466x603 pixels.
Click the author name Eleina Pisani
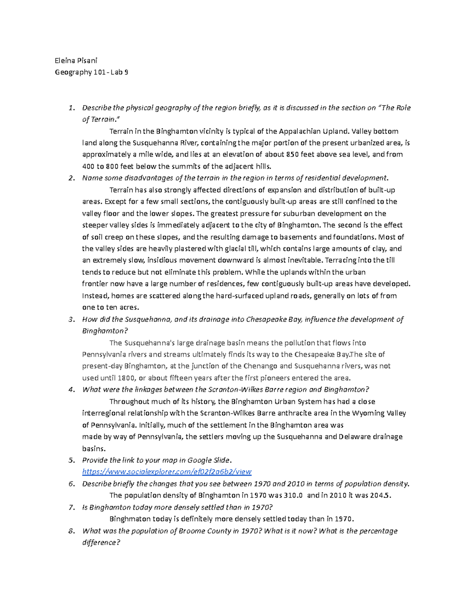pos(76,60)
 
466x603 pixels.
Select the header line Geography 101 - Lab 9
pos(91,72)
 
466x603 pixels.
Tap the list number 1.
pos(70,108)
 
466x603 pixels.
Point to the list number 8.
pos(71,531)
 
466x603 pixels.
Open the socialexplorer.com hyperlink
pos(167,472)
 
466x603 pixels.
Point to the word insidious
pos(167,261)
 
